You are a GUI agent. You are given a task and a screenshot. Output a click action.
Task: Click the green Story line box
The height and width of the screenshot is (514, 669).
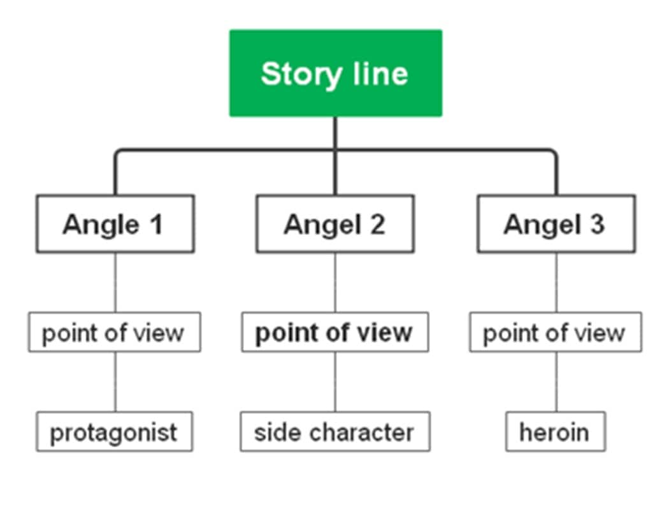tap(335, 73)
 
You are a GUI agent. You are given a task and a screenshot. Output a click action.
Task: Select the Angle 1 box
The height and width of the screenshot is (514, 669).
tap(115, 224)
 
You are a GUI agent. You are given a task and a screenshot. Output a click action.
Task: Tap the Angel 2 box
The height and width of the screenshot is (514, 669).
tap(334, 224)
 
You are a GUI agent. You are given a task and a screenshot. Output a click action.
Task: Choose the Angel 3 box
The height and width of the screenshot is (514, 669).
tap(556, 224)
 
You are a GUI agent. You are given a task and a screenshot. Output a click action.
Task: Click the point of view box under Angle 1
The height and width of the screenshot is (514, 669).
tap(114, 332)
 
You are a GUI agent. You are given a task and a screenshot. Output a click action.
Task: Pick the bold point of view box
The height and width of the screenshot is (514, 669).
tap(334, 332)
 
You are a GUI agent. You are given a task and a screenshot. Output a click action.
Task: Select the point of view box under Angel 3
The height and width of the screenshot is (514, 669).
tap(556, 332)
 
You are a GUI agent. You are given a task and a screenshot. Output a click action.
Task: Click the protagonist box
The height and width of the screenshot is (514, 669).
tap(114, 432)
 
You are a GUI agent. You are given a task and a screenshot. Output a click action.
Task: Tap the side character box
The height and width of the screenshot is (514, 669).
tap(334, 432)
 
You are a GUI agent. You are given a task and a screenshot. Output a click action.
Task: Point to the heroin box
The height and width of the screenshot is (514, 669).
tap(556, 432)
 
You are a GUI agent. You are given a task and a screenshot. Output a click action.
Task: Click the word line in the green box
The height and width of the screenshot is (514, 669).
tap(380, 74)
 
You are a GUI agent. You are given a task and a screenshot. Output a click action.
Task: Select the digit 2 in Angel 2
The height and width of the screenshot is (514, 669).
tap(377, 225)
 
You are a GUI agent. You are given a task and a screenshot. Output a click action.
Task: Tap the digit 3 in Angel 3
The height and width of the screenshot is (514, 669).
tap(597, 225)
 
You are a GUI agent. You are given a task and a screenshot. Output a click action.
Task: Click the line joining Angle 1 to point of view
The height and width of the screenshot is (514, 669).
tap(115, 282)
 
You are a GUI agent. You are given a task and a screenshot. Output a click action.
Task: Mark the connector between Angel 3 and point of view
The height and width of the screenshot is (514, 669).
tap(556, 282)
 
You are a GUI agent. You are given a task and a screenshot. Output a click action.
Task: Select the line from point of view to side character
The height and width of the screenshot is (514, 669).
tap(335, 382)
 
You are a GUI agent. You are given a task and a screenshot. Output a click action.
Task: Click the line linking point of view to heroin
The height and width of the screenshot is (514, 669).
tap(556, 382)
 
